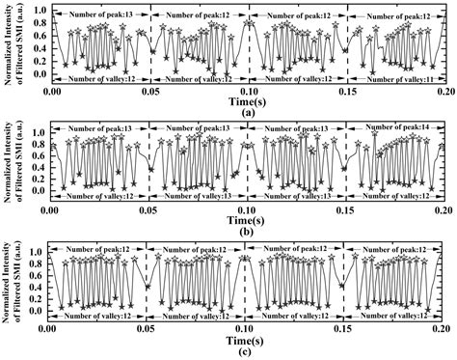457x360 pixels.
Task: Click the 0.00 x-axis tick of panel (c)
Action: point(52,329)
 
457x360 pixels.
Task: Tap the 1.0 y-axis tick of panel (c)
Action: point(39,251)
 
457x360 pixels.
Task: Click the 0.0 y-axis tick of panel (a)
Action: point(39,74)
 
